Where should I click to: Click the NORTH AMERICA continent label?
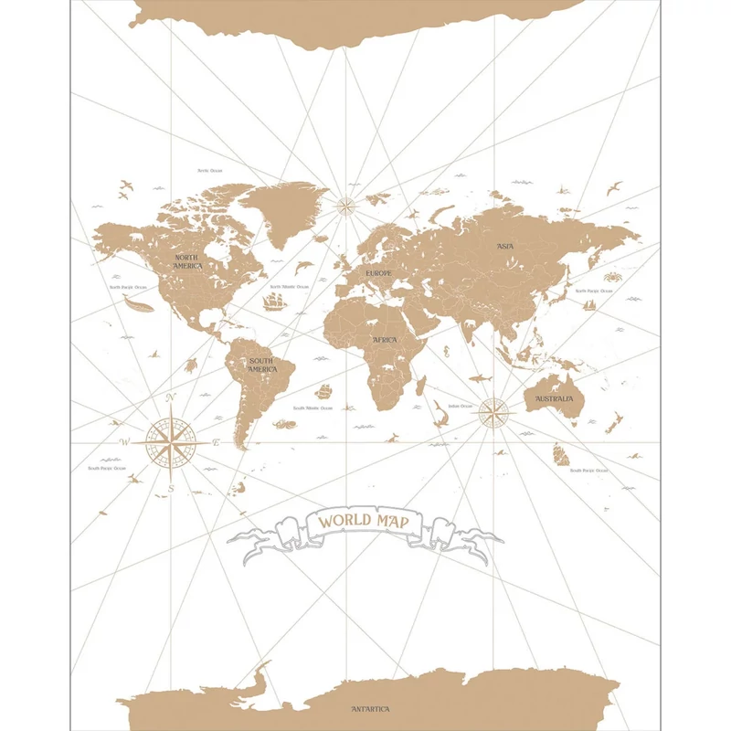(x=187, y=260)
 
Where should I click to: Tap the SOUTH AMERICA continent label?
(x=261, y=365)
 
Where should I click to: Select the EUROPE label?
(x=378, y=273)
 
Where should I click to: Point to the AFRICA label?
(x=384, y=339)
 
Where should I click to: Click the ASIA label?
(x=505, y=246)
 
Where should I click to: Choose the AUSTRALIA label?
(x=555, y=399)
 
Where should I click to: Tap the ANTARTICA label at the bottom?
(x=370, y=709)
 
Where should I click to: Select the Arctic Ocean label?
(x=210, y=170)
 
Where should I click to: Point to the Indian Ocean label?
(x=459, y=406)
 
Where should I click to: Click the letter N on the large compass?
(x=171, y=398)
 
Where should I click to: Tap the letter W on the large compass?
(x=125, y=443)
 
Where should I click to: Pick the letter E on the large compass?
(x=216, y=443)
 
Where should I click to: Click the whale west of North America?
(x=136, y=306)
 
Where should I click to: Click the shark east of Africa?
(x=480, y=377)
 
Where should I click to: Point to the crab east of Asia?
(x=610, y=274)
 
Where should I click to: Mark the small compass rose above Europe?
(x=346, y=205)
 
